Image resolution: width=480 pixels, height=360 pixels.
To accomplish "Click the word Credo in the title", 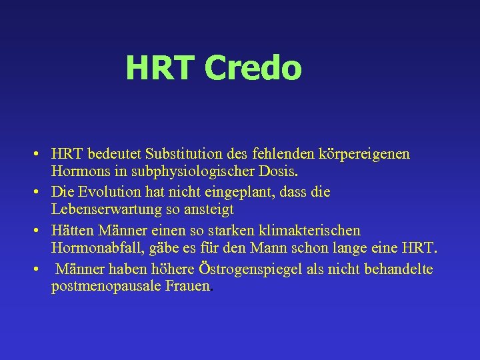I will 253,68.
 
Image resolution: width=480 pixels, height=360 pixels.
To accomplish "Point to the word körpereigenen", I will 364,154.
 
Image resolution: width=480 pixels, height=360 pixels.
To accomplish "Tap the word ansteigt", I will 206,211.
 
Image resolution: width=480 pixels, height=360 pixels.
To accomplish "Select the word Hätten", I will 72,231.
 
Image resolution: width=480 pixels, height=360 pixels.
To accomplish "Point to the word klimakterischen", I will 309,231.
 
